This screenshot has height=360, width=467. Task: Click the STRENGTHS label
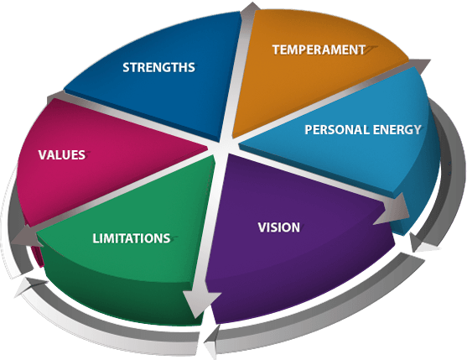coord(158,68)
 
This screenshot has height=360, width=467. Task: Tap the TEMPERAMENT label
coord(319,50)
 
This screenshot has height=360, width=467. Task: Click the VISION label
coord(278,227)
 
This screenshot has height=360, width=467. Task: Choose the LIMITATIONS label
coord(132,238)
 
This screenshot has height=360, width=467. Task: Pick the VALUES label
coord(62,155)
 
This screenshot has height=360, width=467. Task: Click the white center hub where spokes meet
coord(220,147)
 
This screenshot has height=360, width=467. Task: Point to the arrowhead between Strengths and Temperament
coord(250,9)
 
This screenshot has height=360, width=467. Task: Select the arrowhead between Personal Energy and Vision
coord(394,209)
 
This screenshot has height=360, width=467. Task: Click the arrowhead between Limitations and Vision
coord(200,304)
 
